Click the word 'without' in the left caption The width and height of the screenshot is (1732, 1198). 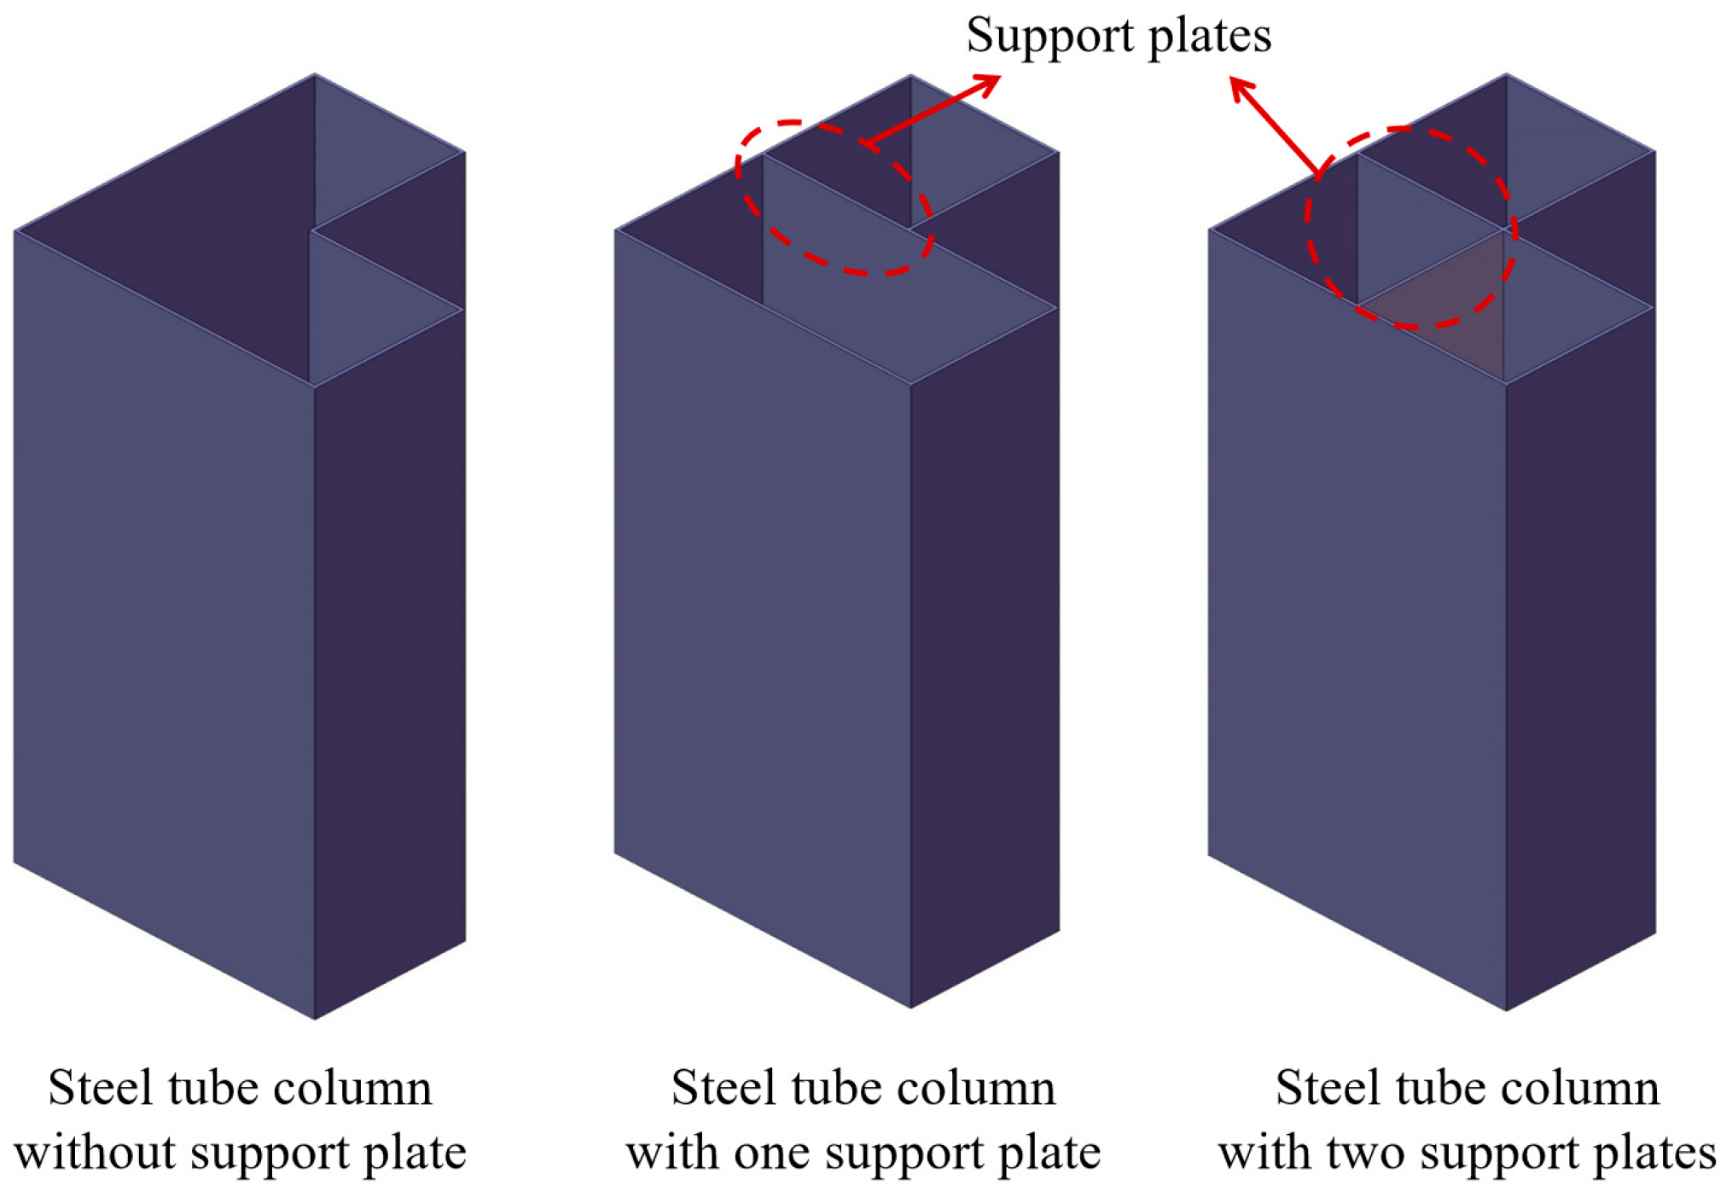coord(96,1153)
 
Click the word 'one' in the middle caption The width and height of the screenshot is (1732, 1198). coord(772,1154)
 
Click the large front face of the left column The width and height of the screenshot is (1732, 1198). coord(162,614)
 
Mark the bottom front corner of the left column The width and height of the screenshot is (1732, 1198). coord(314,1017)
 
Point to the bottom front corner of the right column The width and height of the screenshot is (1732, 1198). coord(1506,1009)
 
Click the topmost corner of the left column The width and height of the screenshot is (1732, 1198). coord(314,75)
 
